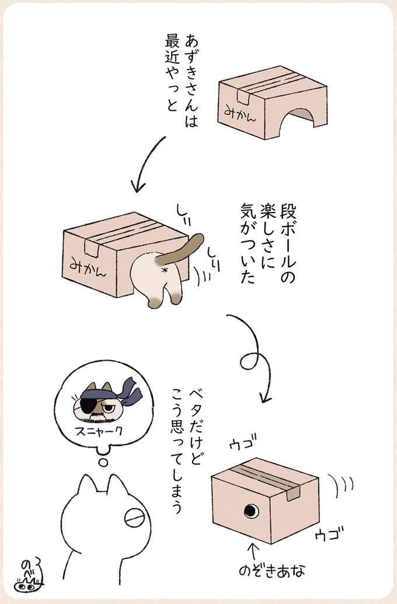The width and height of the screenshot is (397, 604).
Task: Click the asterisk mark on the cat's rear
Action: coord(165,270)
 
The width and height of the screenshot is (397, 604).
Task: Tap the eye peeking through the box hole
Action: coord(251,511)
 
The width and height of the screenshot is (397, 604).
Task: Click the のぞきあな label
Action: coord(272,570)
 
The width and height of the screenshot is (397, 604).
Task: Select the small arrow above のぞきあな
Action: coord(253,552)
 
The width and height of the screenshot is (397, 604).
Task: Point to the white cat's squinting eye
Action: coord(134,518)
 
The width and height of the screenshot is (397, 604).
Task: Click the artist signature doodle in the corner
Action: coord(30,574)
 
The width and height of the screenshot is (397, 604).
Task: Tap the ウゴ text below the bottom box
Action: coord(328,534)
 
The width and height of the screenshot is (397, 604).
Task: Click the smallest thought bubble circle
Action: coord(103,462)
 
